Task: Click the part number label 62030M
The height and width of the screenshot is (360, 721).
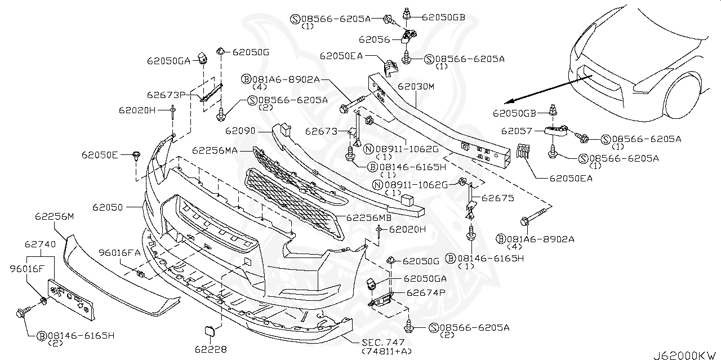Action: coord(416,87)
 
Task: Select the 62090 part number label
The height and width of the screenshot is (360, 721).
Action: coord(241,131)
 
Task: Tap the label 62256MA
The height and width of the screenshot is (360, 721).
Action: coord(215,151)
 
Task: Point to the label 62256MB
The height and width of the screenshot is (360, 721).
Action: coord(368,217)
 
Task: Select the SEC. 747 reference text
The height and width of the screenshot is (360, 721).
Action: coord(376,342)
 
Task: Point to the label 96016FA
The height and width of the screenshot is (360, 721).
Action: coord(120,252)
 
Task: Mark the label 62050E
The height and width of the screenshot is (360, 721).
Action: coord(100,154)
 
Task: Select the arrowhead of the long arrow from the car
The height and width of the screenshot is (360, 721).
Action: coord(507,102)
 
